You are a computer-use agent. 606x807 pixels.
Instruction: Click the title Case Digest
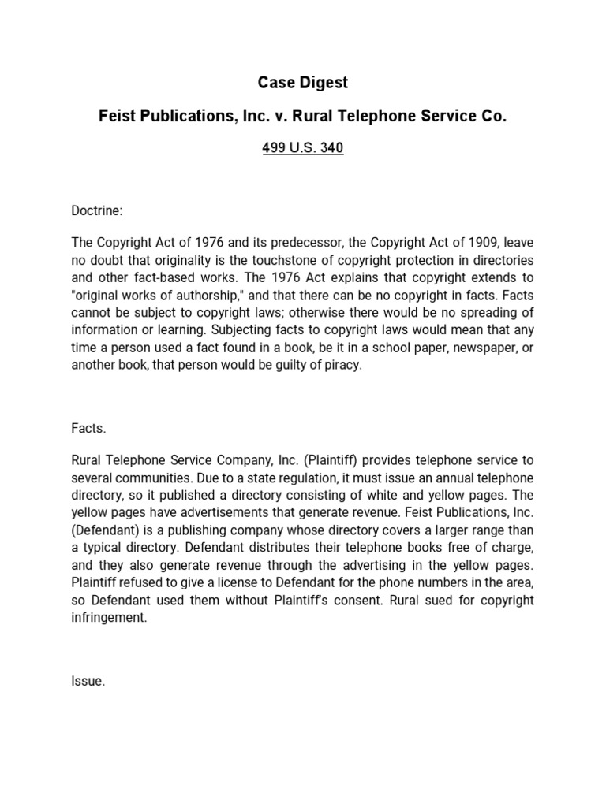302,82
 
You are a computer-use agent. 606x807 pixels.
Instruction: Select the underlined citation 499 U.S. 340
302,148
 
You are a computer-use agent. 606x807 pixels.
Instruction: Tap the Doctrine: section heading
97,211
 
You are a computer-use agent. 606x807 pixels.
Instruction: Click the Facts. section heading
88,429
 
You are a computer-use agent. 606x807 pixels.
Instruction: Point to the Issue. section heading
88,682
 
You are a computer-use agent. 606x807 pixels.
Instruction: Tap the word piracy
341,366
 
